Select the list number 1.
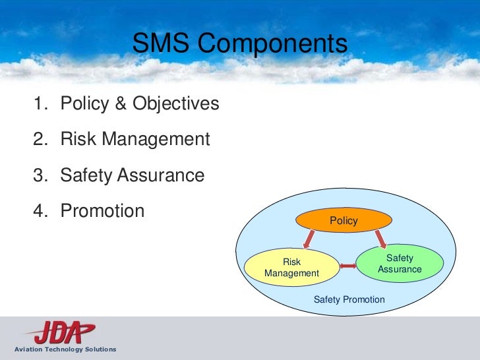(40, 104)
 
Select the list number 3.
(40, 175)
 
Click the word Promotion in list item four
(102, 211)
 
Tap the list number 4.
(40, 211)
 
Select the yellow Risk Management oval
(291, 268)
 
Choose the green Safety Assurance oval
(400, 264)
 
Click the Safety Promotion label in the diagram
(349, 299)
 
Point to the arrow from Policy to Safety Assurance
(380, 239)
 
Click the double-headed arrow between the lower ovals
(347, 266)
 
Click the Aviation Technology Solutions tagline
(59, 349)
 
